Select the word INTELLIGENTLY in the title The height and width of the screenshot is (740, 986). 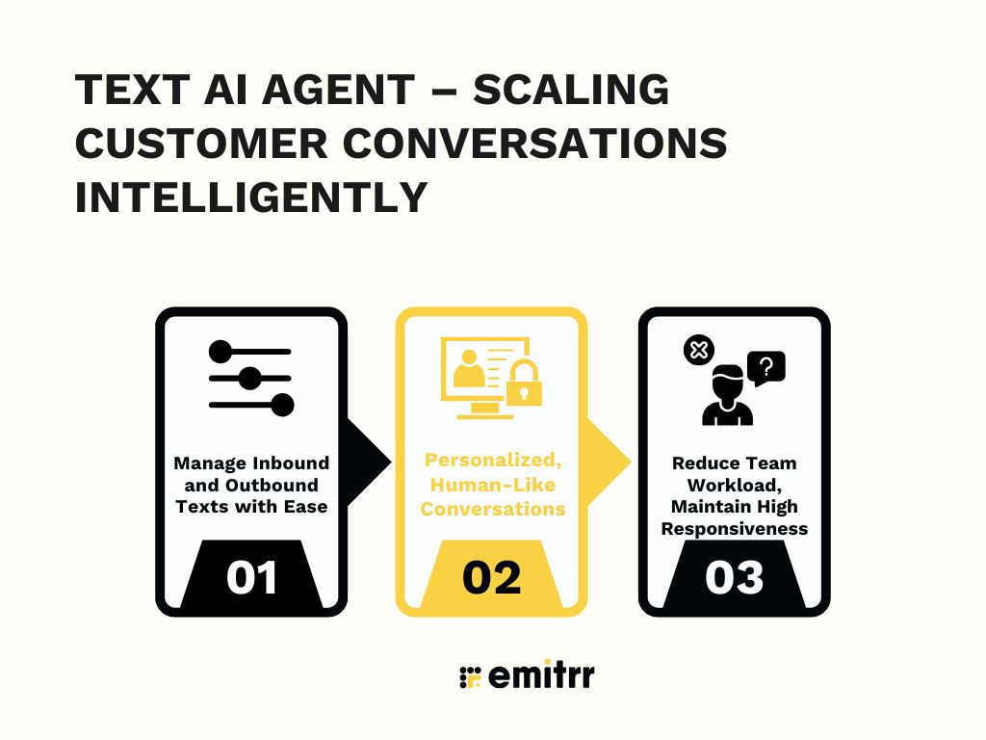pyautogui.click(x=251, y=198)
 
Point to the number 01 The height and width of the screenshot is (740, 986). pyautogui.click(x=252, y=577)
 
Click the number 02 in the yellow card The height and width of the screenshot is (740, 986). pyautogui.click(x=492, y=577)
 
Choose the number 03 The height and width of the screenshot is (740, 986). pyautogui.click(x=734, y=577)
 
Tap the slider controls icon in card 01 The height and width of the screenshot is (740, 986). pyautogui.click(x=250, y=378)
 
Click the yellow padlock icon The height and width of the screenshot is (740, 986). pyautogui.click(x=525, y=383)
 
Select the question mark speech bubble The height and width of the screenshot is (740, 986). pyautogui.click(x=766, y=367)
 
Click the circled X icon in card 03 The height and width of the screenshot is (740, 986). pyautogui.click(x=697, y=350)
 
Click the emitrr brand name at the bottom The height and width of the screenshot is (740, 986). pyautogui.click(x=542, y=675)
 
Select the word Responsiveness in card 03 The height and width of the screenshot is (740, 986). pyautogui.click(x=734, y=529)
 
